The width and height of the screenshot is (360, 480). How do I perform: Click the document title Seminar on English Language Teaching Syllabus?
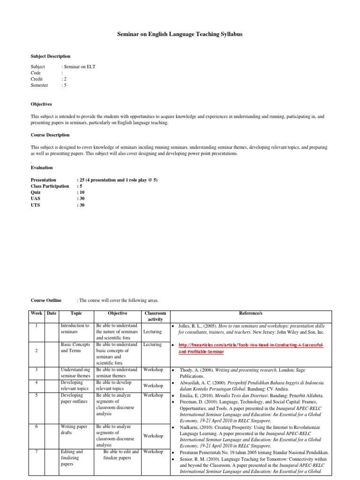click(x=180, y=35)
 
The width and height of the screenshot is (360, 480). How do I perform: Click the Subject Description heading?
click(x=51, y=56)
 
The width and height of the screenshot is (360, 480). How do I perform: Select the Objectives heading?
click(x=41, y=104)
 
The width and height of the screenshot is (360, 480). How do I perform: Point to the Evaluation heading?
click(x=42, y=167)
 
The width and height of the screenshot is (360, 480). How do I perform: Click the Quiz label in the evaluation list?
click(x=36, y=192)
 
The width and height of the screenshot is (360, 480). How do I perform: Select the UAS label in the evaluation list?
click(x=36, y=199)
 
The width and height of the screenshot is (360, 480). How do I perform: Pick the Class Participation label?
click(x=50, y=186)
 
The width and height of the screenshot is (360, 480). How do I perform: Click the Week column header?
click(x=37, y=313)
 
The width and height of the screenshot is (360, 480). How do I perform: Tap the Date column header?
click(x=52, y=313)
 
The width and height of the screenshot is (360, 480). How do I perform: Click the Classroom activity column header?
click(x=155, y=316)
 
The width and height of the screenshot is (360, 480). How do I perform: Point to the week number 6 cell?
click(x=37, y=427)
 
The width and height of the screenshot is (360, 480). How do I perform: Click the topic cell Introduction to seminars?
click(x=75, y=329)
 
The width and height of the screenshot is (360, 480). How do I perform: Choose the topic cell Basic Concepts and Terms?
click(x=75, y=347)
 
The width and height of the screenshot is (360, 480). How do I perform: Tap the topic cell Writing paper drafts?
click(x=75, y=430)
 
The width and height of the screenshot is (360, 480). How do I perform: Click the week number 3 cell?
click(x=37, y=370)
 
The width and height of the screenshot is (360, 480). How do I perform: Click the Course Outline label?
click(x=46, y=300)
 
